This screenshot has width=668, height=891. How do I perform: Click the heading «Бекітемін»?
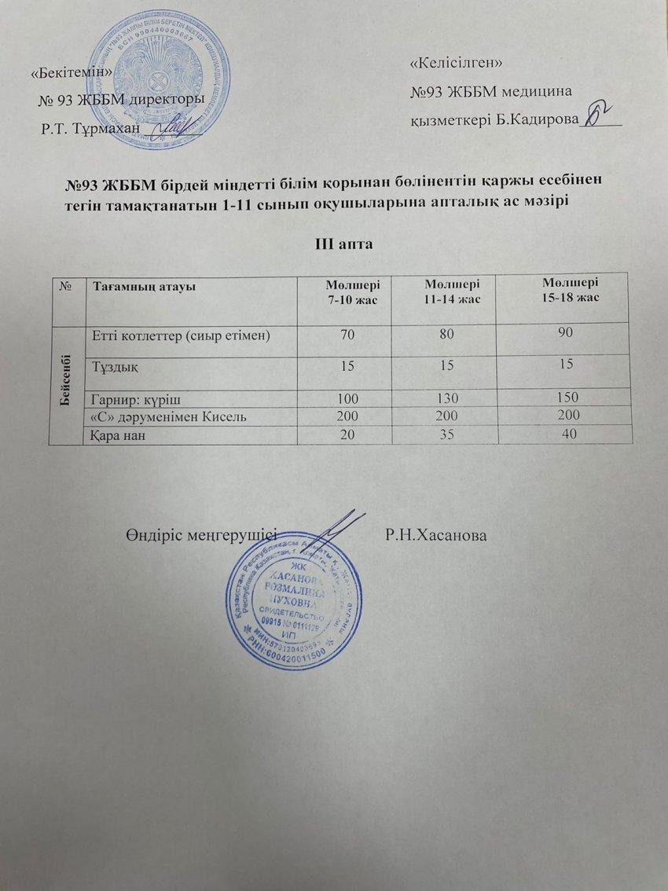pos(71,72)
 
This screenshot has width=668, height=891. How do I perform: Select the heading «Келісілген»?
pos(457,60)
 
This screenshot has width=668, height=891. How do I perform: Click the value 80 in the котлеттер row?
pos(453,335)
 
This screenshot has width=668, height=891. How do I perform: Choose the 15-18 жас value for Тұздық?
pos(574,364)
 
